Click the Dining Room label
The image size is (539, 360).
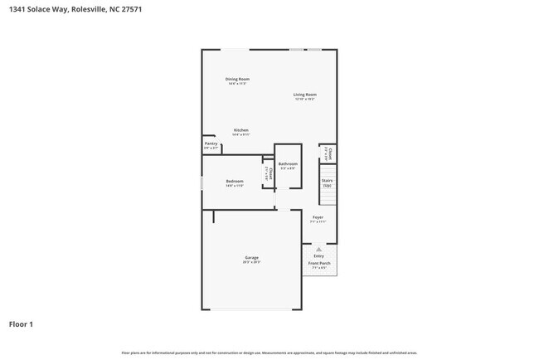coord(237,80)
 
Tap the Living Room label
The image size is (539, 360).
coord(304,95)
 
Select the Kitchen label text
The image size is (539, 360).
coord(240,130)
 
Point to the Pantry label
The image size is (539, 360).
coord(211,144)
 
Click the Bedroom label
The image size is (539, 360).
coord(235,181)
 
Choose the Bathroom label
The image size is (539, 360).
coord(288,164)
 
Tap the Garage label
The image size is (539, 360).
coord(251,257)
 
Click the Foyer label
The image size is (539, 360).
coord(318,217)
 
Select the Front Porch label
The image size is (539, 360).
coord(318,264)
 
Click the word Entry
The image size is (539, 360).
coord(318,256)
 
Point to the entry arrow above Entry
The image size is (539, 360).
coord(318,248)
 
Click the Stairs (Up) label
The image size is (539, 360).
coord(327,182)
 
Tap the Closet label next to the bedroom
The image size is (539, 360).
coord(269,174)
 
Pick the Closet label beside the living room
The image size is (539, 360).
coord(329,153)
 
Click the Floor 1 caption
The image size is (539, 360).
coord(21,324)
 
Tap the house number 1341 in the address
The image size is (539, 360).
coord(17,9)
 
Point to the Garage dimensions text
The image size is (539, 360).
coord(251,262)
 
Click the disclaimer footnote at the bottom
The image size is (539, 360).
coord(269,353)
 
